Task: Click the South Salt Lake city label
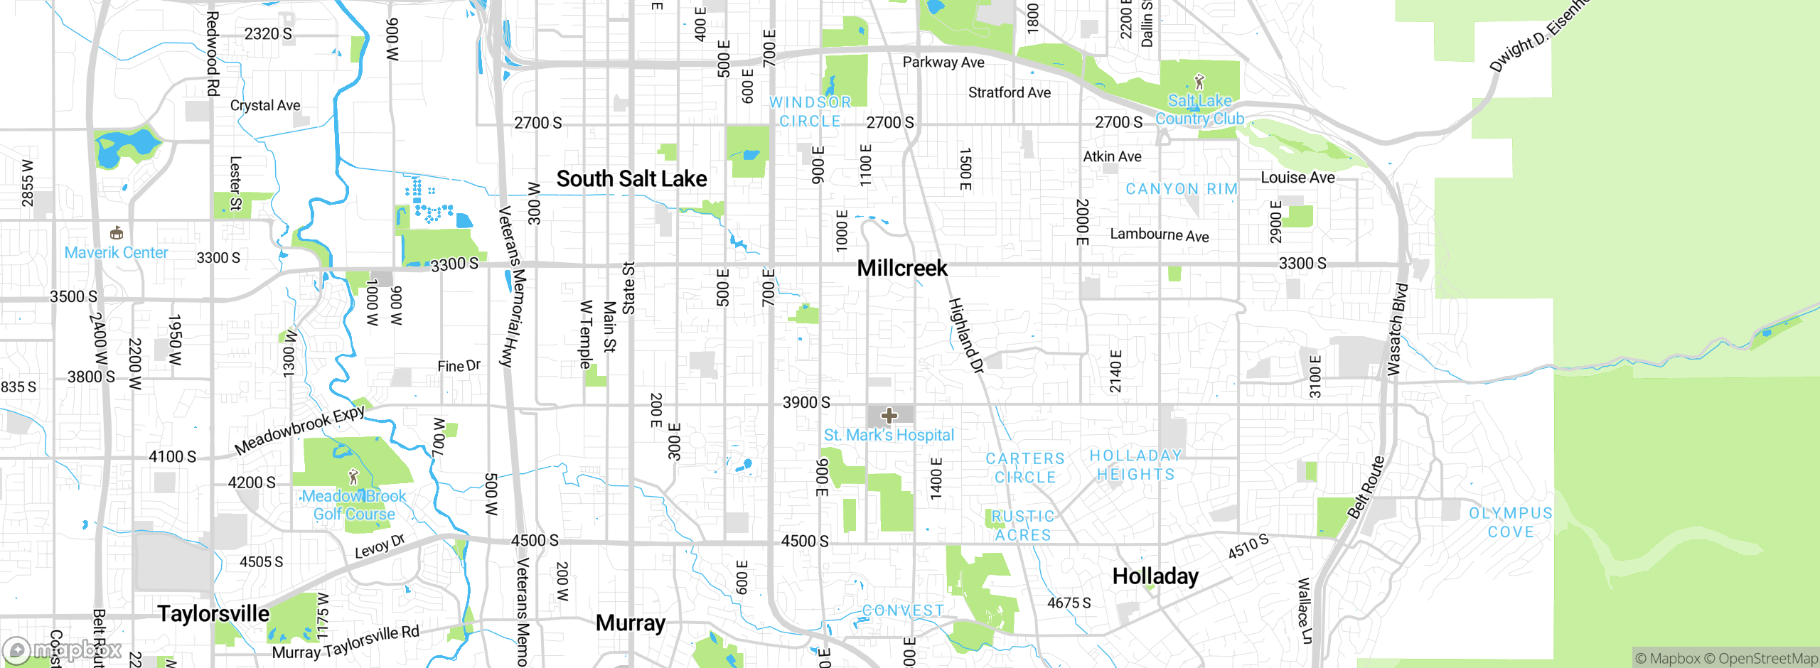click(631, 179)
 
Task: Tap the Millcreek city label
click(902, 269)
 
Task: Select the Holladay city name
click(1155, 576)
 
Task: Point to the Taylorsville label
click(213, 614)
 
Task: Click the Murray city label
click(631, 623)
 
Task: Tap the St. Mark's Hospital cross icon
click(889, 416)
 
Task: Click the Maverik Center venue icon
click(117, 233)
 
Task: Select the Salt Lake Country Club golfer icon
click(1199, 82)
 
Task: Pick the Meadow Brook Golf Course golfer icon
click(353, 477)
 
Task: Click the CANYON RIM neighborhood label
click(1182, 189)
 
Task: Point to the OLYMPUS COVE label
click(1511, 522)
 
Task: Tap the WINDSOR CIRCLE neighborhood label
click(810, 112)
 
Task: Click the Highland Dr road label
click(965, 335)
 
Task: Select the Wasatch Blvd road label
click(1398, 329)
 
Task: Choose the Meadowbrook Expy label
click(299, 430)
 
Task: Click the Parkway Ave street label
click(943, 63)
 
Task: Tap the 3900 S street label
click(806, 403)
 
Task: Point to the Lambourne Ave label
click(1159, 235)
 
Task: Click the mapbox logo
click(63, 650)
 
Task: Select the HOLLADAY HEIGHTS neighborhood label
click(1135, 465)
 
